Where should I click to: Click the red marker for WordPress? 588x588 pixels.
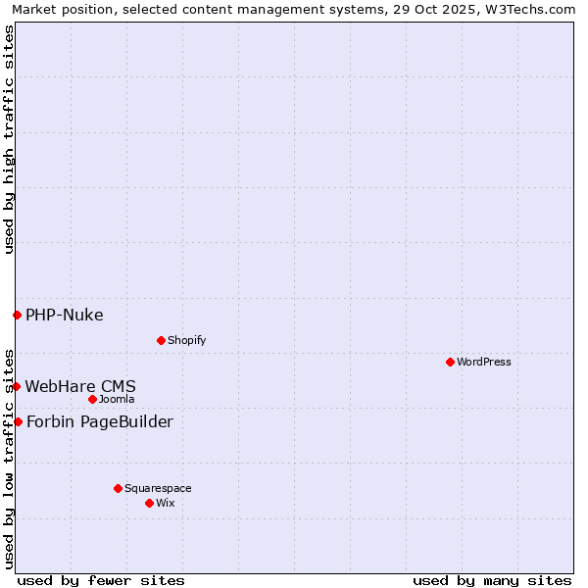tap(450, 362)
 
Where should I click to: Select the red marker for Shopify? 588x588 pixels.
tap(161, 340)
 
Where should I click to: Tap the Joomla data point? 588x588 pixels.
tap(92, 399)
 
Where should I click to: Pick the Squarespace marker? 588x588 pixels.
tap(118, 488)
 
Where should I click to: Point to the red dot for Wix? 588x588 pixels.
tap(149, 503)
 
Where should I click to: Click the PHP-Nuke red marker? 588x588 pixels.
tap(17, 315)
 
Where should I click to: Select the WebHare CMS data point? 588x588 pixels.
tap(17, 386)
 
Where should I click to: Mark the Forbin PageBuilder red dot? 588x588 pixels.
tap(18, 421)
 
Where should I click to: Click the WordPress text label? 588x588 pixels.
tap(484, 362)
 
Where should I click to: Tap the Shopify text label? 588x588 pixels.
tap(186, 340)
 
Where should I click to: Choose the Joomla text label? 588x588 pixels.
tap(117, 399)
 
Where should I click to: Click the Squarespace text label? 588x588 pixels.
tap(158, 488)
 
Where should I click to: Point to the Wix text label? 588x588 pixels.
tap(166, 503)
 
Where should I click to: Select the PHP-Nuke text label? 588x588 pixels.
tap(65, 315)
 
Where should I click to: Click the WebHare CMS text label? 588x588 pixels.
tap(80, 386)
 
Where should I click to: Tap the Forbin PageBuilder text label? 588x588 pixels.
tap(100, 421)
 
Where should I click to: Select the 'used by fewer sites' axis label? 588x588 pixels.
tap(101, 580)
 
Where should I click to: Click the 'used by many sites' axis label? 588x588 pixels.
tap(492, 580)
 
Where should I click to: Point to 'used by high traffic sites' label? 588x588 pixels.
tap(9, 139)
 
